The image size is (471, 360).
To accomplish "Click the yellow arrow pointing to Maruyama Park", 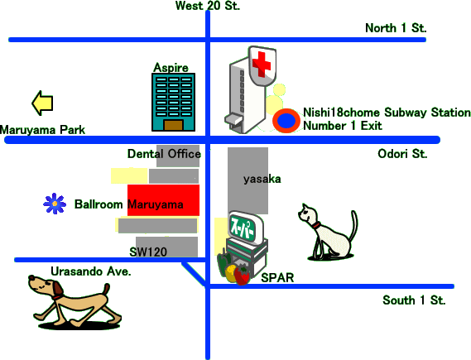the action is click(x=42, y=103).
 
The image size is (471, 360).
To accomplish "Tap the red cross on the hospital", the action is click(x=262, y=64).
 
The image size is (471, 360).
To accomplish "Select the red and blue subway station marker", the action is click(x=286, y=121).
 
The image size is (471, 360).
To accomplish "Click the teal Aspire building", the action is click(x=173, y=102).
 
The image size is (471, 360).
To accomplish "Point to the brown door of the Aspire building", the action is click(x=173, y=125).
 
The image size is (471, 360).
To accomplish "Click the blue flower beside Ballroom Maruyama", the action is click(x=55, y=204).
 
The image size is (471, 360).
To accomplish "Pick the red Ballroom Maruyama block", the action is click(x=163, y=200).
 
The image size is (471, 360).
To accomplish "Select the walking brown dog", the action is click(x=74, y=302).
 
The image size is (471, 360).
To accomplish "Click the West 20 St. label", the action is click(x=208, y=6).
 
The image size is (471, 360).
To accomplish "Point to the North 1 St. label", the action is click(x=396, y=28).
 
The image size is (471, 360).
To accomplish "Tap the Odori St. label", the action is click(x=402, y=154).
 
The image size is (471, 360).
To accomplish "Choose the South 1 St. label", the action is click(x=414, y=300).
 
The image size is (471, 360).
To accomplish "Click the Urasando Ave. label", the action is click(x=91, y=271).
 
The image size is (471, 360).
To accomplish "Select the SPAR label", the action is click(x=277, y=278).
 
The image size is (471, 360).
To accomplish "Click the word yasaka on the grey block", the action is click(x=262, y=180).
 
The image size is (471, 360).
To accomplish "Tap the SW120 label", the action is click(x=148, y=252).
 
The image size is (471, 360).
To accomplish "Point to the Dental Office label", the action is click(x=164, y=154).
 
